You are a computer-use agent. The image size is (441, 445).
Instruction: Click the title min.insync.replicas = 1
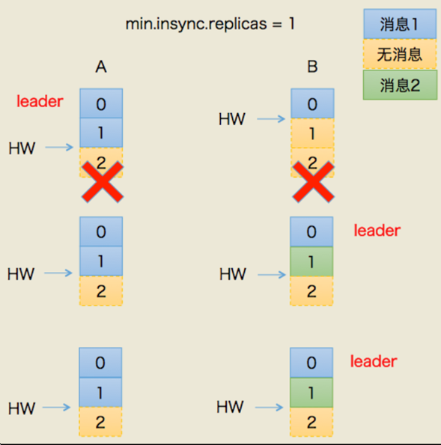(210, 23)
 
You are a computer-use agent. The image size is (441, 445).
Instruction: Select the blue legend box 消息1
(399, 23)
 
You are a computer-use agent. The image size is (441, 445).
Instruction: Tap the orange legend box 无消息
(399, 54)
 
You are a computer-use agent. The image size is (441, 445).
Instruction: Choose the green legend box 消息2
(399, 85)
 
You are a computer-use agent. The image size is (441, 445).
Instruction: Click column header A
(101, 67)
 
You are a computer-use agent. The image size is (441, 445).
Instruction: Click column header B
(312, 67)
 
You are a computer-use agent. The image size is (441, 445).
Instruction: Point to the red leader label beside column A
(40, 101)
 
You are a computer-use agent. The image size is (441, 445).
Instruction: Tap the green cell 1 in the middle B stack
(312, 261)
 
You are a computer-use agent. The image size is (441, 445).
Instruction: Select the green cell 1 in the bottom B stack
(312, 393)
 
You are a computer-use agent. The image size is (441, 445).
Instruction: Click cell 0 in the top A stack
(101, 104)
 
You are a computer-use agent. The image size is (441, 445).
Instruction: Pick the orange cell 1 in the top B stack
(312, 134)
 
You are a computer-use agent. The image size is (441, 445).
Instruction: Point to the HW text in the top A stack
(22, 148)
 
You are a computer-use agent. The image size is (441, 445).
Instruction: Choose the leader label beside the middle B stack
(377, 231)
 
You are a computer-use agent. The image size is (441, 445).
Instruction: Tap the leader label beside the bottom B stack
(374, 362)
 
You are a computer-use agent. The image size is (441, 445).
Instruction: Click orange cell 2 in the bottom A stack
(101, 422)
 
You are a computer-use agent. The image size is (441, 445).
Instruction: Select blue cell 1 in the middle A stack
(101, 261)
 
